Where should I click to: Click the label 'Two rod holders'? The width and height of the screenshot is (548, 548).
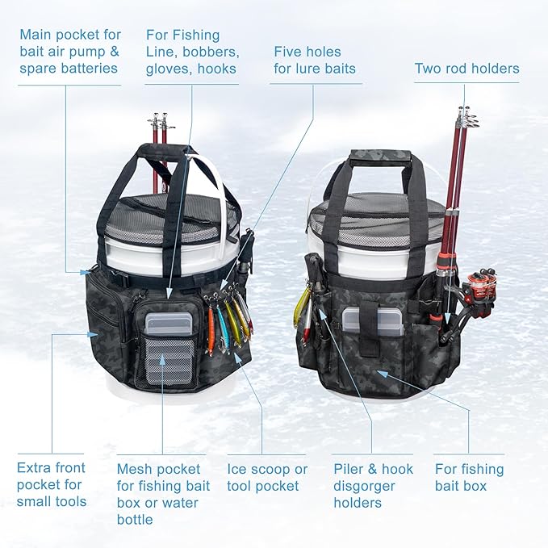pyautogui.click(x=466, y=69)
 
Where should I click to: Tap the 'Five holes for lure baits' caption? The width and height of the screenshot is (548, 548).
pyautogui.click(x=315, y=60)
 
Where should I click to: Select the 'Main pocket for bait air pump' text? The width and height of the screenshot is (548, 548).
pyautogui.click(x=70, y=51)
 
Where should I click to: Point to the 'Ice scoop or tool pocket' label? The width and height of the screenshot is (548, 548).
pyautogui.click(x=267, y=477)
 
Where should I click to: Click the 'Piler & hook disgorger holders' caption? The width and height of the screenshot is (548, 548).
pyautogui.click(x=373, y=485)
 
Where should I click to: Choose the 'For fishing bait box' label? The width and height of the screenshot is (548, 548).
pyautogui.click(x=469, y=477)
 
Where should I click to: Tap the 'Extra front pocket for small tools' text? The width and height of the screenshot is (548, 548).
pyautogui.click(x=52, y=484)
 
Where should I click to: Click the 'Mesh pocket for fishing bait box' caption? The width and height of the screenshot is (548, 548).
pyautogui.click(x=163, y=494)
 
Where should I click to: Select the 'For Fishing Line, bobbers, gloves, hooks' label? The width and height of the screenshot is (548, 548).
pyautogui.click(x=191, y=52)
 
